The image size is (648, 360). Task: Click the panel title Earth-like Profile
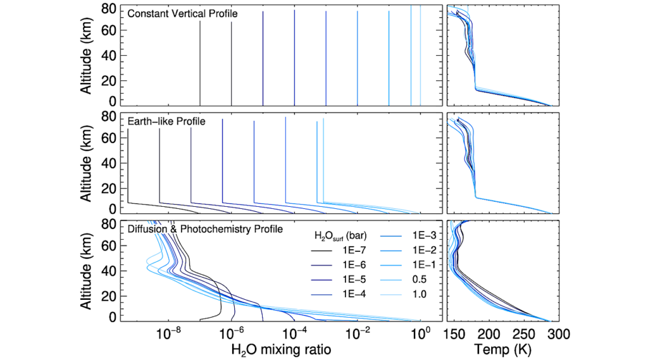coord(166,121)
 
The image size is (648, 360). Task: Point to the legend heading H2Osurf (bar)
coord(346,237)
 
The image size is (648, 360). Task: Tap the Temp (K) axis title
coord(502,348)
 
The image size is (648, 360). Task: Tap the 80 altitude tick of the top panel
coord(109,9)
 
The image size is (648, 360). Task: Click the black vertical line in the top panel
coord(200,63)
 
